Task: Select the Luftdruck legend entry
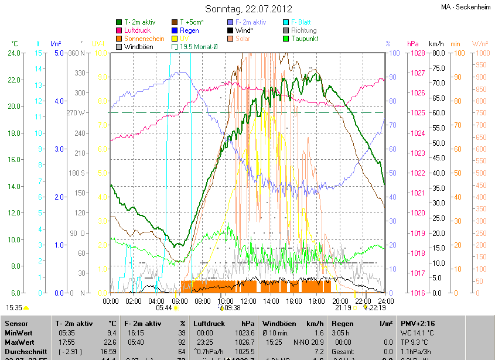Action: point(137,30)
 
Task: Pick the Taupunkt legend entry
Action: point(305,39)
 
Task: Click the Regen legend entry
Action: point(189,30)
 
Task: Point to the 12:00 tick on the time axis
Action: point(248,301)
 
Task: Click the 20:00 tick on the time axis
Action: point(340,301)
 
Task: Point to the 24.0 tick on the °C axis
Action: point(15,53)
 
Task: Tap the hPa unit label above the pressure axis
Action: point(412,44)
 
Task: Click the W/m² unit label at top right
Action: point(480,44)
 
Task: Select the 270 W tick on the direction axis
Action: point(77,112)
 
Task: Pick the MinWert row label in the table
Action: point(19,332)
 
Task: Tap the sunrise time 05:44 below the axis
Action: point(164,307)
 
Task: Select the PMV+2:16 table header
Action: point(418,323)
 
